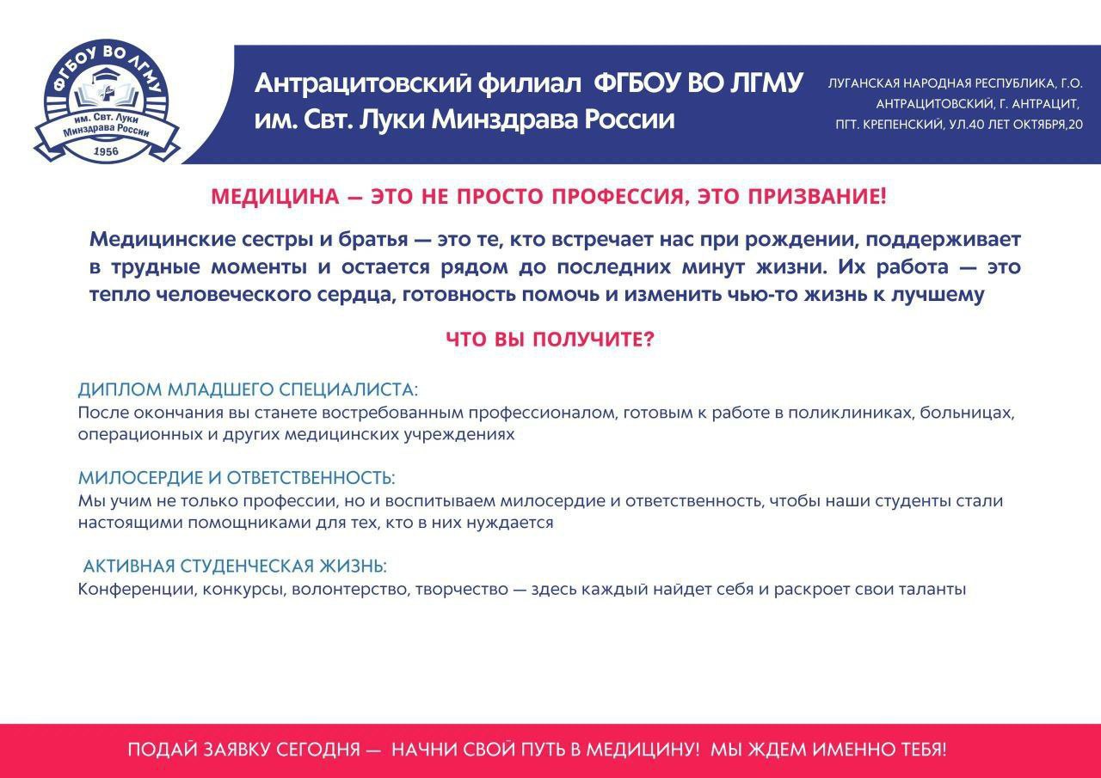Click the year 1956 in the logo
click(106, 151)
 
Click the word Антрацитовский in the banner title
click(363, 83)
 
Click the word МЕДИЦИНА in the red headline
click(275, 197)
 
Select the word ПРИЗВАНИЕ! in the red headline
click(817, 197)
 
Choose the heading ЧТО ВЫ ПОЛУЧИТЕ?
click(550, 340)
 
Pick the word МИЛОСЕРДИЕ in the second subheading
click(140, 478)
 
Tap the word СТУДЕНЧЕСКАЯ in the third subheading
click(247, 567)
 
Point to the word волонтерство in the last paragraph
click(350, 590)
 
